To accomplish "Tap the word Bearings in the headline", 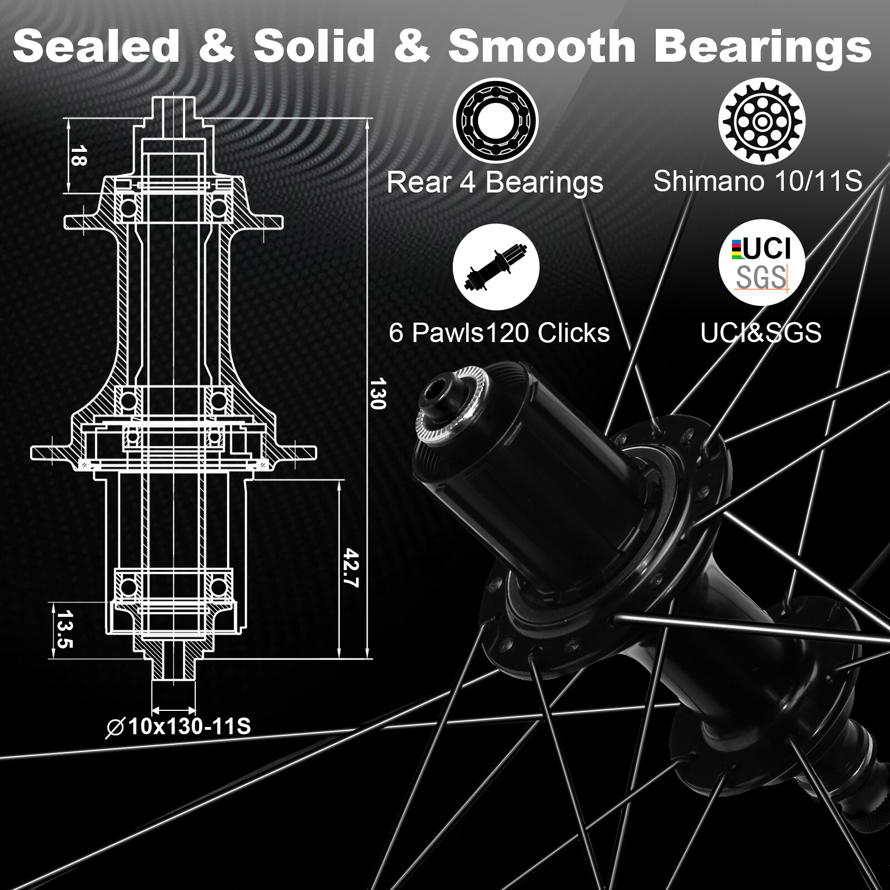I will (763, 48).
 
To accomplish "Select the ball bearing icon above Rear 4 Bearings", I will (495, 120).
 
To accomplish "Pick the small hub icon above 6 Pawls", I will (496, 267).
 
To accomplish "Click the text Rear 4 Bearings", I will (495, 182).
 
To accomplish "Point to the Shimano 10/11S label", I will (757, 181).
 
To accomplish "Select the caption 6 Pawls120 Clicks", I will (499, 333).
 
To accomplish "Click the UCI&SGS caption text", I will (760, 333).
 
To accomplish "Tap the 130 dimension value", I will (378, 393).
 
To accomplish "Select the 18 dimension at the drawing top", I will (78, 156).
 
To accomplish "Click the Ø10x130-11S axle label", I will (179, 726).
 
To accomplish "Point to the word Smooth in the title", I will (542, 47).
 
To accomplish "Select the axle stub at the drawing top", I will (173, 108).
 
